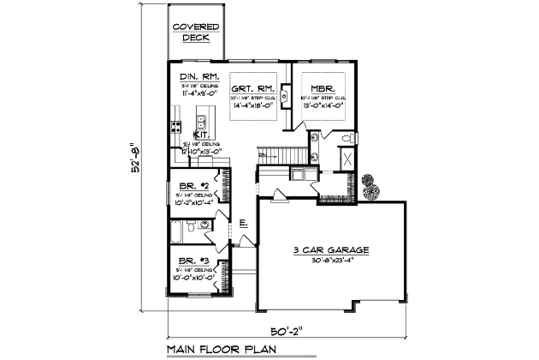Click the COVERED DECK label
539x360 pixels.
pyautogui.click(x=196, y=32)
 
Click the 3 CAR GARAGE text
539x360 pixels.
pyautogui.click(x=331, y=250)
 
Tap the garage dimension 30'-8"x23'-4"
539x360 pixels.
pyautogui.click(x=331, y=260)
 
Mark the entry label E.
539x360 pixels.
pyautogui.click(x=244, y=223)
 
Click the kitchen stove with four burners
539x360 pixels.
pyautogui.click(x=176, y=127)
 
